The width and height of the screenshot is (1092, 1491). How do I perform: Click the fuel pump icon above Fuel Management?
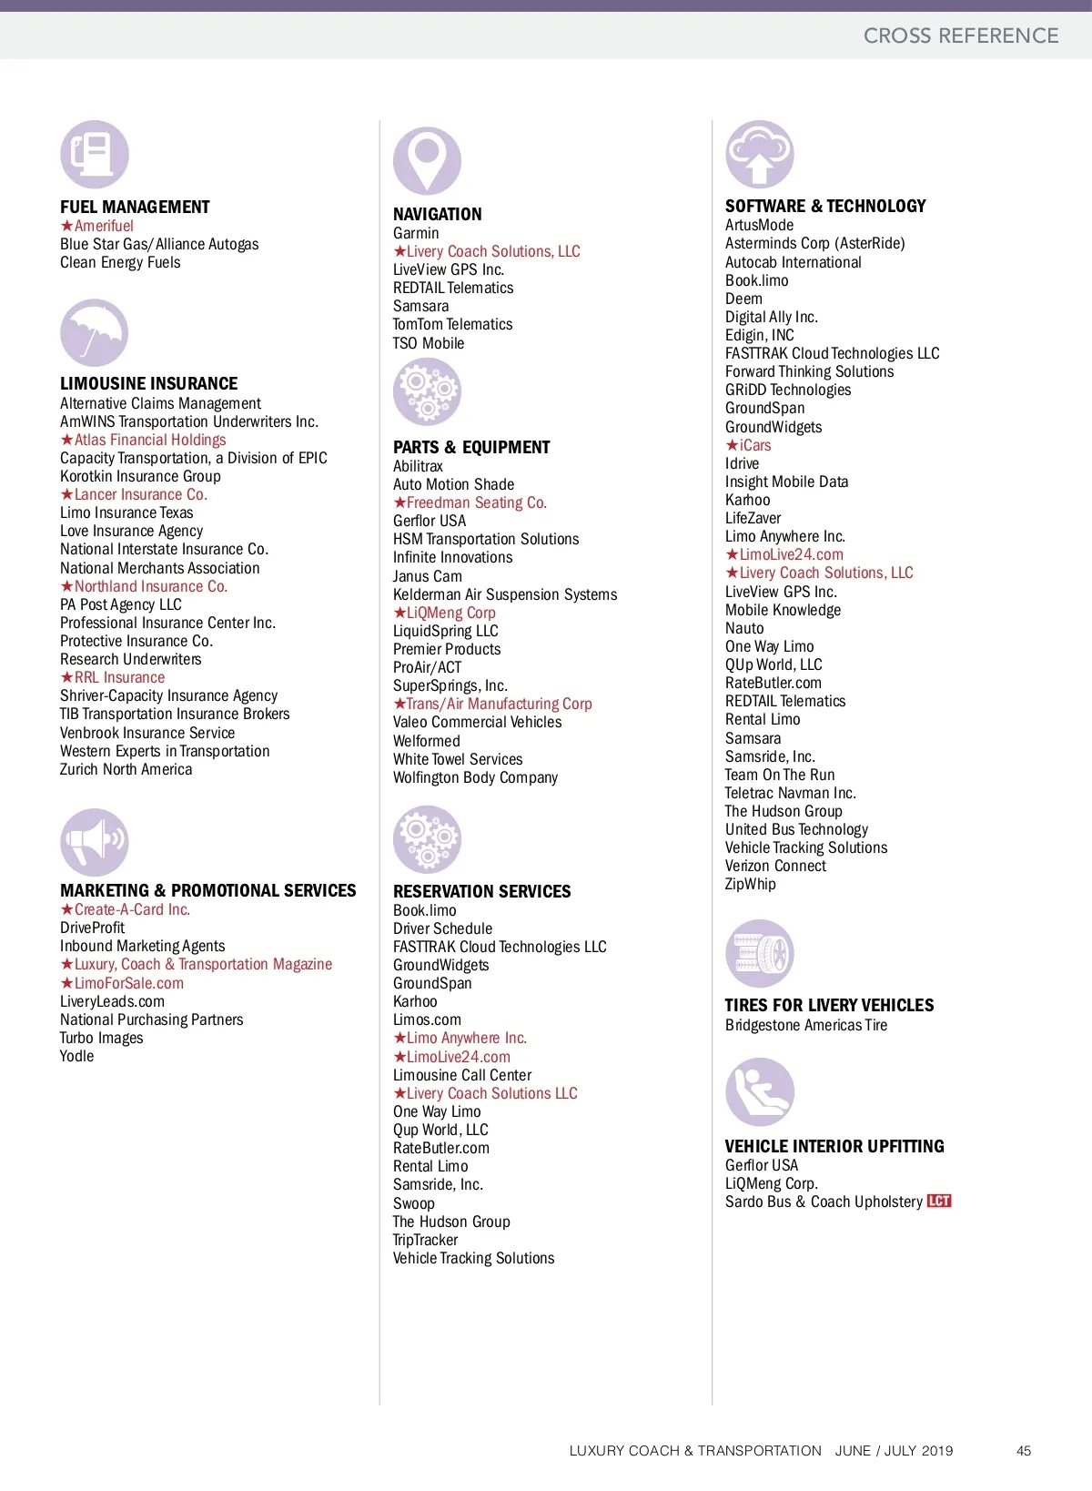click(x=95, y=155)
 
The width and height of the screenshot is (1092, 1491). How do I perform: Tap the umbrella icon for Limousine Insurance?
click(x=95, y=333)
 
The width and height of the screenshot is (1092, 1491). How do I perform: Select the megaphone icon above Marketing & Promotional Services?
click(x=95, y=842)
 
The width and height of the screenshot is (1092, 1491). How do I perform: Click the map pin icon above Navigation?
click(x=427, y=160)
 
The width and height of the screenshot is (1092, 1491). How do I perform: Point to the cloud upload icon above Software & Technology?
click(x=760, y=155)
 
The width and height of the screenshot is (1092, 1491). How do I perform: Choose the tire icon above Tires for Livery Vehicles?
click(x=760, y=954)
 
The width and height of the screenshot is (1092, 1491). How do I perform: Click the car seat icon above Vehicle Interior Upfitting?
click(x=760, y=1092)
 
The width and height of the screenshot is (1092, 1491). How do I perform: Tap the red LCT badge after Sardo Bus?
click(x=939, y=1202)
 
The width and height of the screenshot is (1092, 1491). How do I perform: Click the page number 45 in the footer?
click(x=1024, y=1451)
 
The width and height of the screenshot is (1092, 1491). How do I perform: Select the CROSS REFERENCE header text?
click(x=961, y=35)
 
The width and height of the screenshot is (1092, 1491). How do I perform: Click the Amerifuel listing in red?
click(x=104, y=226)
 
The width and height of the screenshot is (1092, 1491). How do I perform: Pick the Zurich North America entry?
click(x=126, y=769)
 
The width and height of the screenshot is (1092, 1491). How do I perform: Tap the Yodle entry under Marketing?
click(x=77, y=1056)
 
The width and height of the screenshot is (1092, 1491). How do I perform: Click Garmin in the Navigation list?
click(x=416, y=233)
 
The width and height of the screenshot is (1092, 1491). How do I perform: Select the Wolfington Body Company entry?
click(x=475, y=777)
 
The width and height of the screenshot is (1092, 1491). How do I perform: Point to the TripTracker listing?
click(x=426, y=1240)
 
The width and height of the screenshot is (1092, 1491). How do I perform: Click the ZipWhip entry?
click(x=751, y=884)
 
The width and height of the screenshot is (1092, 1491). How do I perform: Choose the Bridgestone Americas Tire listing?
click(x=806, y=1025)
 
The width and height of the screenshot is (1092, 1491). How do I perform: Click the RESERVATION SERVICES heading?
click(x=482, y=891)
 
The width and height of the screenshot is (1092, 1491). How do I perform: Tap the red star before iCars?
click(x=732, y=445)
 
